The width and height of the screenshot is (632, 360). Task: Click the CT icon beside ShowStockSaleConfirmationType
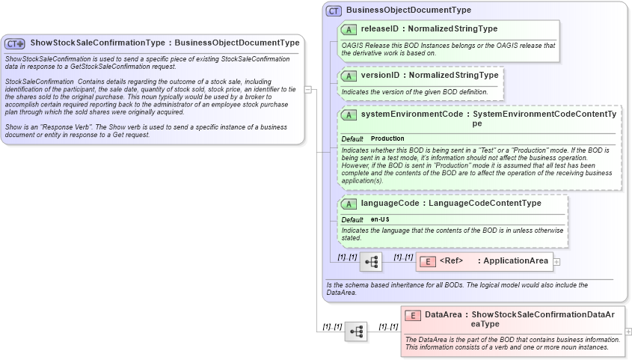[x=15, y=44]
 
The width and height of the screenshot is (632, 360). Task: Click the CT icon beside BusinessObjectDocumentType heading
[x=334, y=10]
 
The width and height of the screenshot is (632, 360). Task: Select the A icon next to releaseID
[x=349, y=29]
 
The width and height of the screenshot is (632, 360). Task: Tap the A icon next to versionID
[x=349, y=76]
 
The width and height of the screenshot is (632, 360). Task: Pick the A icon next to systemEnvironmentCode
[x=349, y=115]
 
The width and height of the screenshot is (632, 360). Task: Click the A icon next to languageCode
[x=349, y=204]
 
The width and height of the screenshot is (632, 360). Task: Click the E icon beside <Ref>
[x=427, y=261]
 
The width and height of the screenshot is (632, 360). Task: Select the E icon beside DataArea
[x=412, y=316]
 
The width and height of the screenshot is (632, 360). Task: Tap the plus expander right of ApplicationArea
[x=556, y=262]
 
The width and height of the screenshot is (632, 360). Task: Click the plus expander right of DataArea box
[x=628, y=331]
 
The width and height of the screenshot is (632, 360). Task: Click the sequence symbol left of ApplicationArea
[x=371, y=262]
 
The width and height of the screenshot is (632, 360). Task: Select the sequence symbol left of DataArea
[x=356, y=331]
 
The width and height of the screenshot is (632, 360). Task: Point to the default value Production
[x=387, y=138]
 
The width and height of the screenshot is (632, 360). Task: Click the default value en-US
[x=380, y=219]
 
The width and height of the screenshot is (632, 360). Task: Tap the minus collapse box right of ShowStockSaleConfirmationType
[x=308, y=90]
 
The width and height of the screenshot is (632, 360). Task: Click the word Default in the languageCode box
[x=352, y=219]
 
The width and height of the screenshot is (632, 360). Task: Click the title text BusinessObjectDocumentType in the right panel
[x=408, y=10]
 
